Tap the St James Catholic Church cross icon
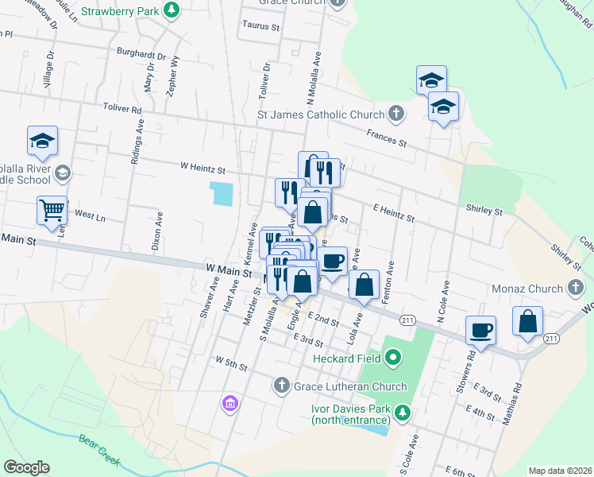tap(395, 114)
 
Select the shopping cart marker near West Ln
tap(52, 211)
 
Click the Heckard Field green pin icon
tap(392, 359)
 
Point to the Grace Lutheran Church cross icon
tap(280, 386)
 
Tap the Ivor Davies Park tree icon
tap(403, 412)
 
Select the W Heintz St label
tap(203, 169)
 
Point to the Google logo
tap(26, 467)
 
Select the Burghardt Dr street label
tap(141, 56)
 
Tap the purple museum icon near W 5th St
tap(230, 403)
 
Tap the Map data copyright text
tap(559, 471)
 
